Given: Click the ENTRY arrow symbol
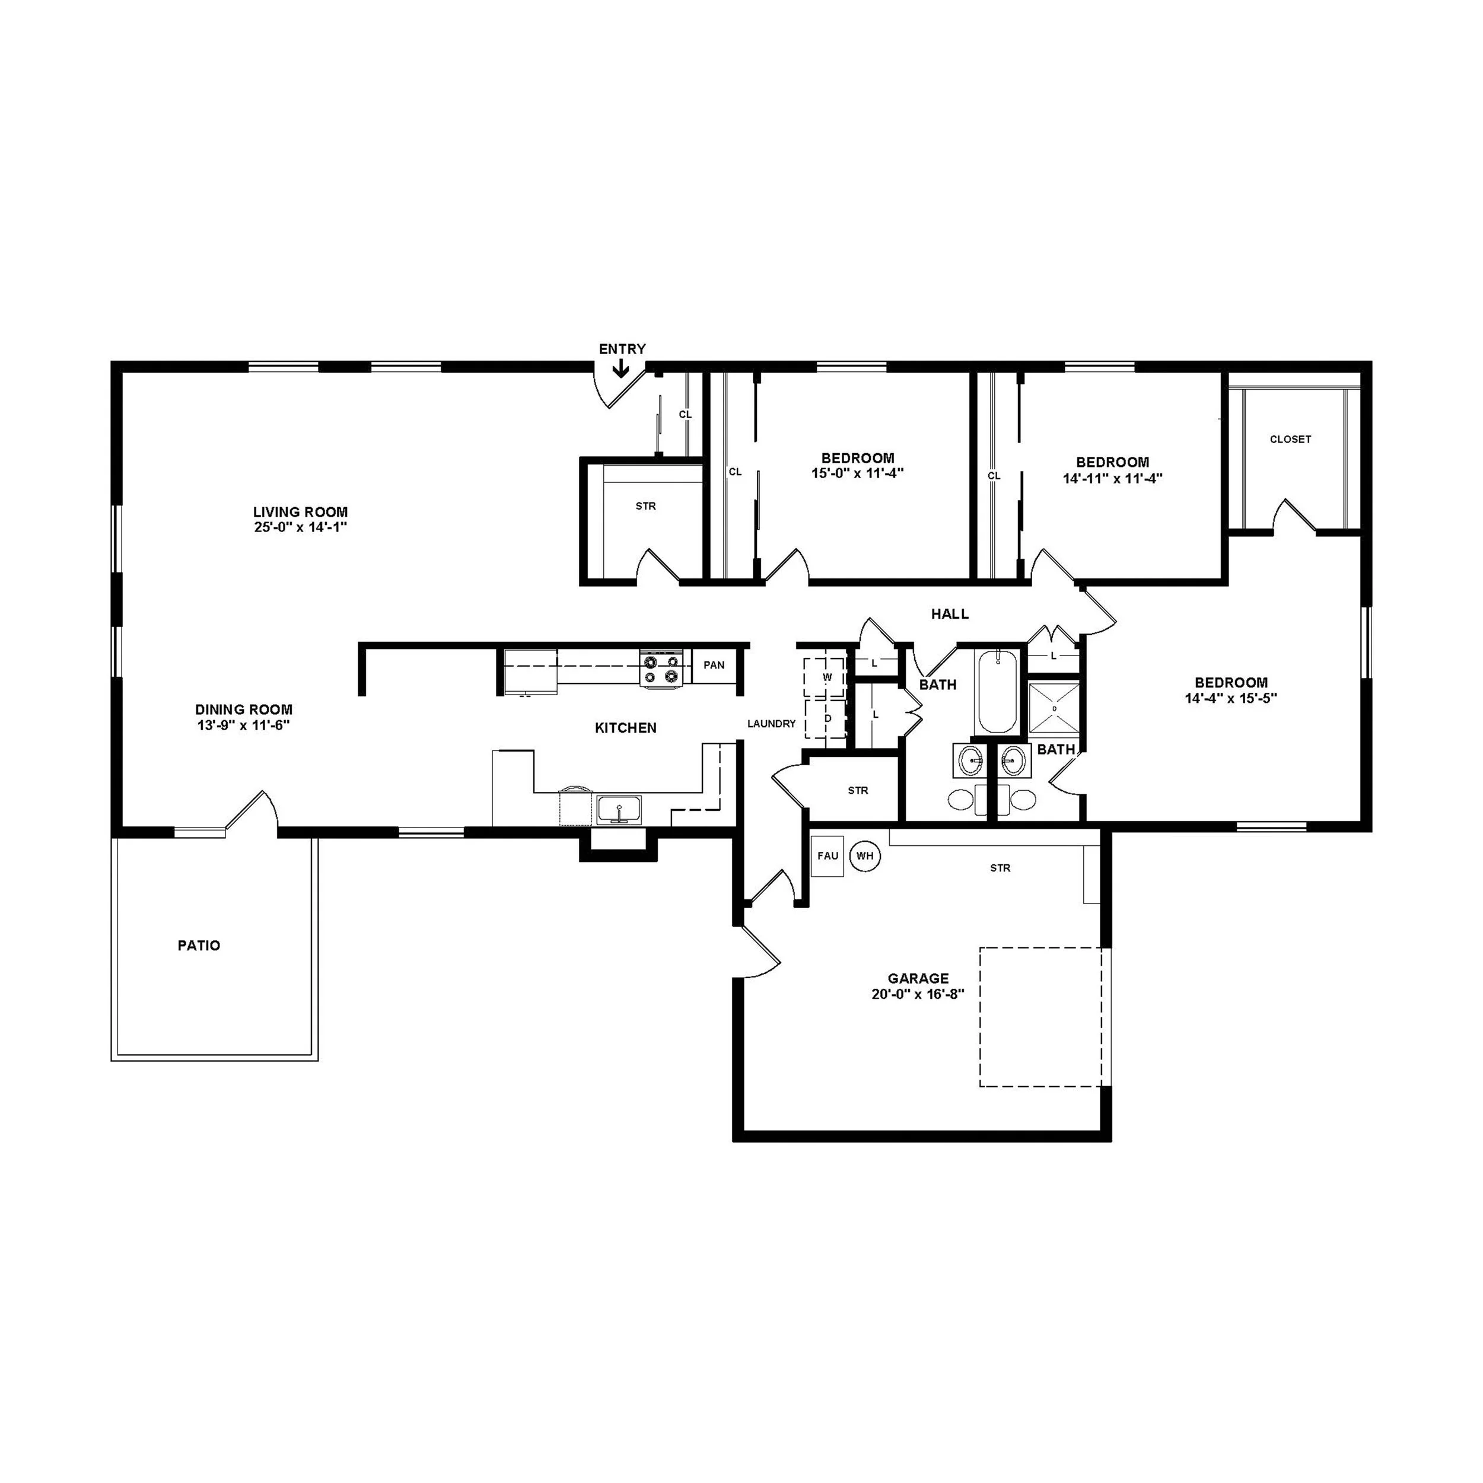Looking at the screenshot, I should (x=620, y=369).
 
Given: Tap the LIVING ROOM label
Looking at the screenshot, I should (x=300, y=512).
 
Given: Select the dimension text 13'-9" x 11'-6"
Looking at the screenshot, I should (x=243, y=725).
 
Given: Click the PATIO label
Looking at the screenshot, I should (x=199, y=946).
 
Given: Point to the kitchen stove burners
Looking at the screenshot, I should (x=661, y=668).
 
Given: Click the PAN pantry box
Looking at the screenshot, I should (x=714, y=665).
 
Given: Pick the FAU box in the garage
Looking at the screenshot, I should (x=828, y=855).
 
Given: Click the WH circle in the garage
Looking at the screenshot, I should (x=864, y=856).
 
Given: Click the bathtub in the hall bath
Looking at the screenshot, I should (x=997, y=692).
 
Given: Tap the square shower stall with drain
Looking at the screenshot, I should (x=1053, y=707).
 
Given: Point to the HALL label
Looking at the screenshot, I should (x=950, y=613).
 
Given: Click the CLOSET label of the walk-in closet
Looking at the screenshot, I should (x=1290, y=439).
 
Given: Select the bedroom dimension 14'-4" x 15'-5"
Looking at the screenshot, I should (x=1230, y=699).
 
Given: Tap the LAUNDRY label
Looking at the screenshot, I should (x=771, y=723).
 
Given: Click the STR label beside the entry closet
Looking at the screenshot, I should (x=645, y=506).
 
